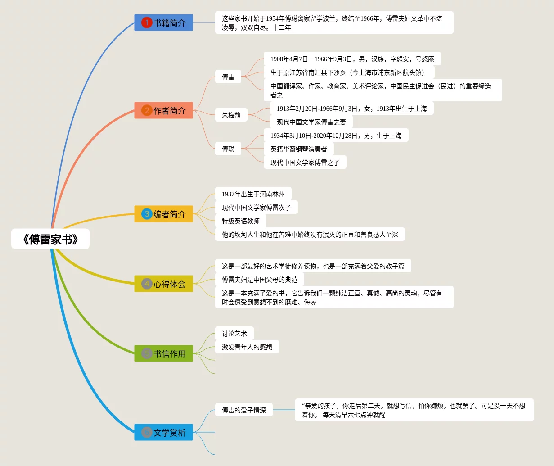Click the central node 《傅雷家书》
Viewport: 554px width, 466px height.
coord(50,239)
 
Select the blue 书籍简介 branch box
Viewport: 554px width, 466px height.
coord(163,23)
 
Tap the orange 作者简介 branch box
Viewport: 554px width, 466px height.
coord(163,110)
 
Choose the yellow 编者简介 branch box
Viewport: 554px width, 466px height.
coord(163,214)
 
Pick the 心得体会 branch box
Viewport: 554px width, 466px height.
coord(163,284)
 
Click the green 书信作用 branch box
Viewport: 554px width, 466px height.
coord(163,353)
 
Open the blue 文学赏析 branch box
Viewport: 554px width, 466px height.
coord(163,432)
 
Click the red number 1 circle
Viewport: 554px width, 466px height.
coord(147,23)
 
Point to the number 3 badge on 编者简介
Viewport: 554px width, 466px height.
coord(147,214)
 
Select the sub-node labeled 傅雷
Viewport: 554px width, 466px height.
coord(228,77)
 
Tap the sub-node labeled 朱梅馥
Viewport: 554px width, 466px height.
coord(231,115)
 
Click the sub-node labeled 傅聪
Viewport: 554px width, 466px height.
coord(228,149)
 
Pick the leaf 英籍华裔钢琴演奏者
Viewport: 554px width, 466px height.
coord(298,149)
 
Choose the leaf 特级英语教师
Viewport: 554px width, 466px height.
coord(241,221)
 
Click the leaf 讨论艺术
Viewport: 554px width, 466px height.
coord(234,334)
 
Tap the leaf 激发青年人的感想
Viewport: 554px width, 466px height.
coord(247,347)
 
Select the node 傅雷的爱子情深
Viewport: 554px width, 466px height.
coord(244,410)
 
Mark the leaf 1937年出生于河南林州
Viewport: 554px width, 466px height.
coord(253,194)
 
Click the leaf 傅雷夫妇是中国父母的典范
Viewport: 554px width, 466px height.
coord(260,280)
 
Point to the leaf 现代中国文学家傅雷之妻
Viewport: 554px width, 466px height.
coord(311,122)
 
